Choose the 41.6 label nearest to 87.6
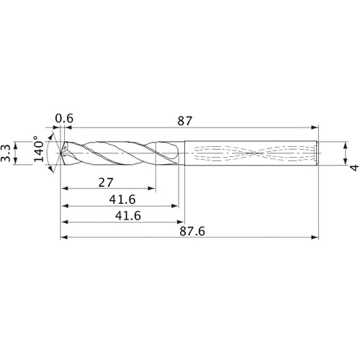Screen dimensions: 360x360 (120, 215)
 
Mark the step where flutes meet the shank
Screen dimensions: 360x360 (184, 153)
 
